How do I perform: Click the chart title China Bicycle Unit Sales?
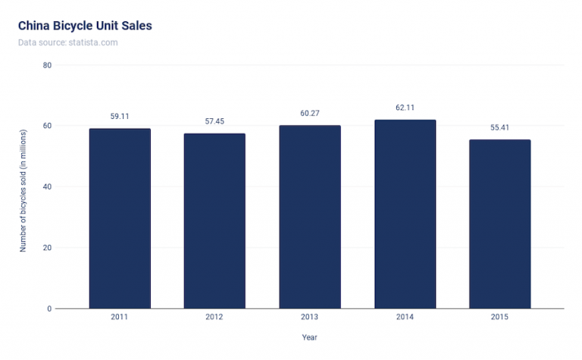coord(85,26)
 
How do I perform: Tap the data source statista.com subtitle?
coord(67,42)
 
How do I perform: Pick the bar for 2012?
coord(214,221)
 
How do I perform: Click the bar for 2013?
coord(309,217)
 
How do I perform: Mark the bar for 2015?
coord(499,224)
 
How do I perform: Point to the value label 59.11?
coord(120,117)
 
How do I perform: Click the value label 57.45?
coord(214,121)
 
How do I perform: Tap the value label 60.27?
coord(309,113)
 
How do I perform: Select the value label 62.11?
coord(405,108)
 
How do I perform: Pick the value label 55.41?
coord(499,127)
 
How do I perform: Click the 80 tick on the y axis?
coord(47,65)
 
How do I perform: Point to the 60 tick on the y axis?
coord(47,126)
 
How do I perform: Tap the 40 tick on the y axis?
coord(47,186)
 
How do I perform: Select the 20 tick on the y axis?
coord(47,248)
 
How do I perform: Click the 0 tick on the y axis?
coord(49,308)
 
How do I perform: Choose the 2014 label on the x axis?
coord(405,317)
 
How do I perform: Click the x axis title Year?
coord(309,337)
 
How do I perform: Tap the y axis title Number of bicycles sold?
coord(23,187)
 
